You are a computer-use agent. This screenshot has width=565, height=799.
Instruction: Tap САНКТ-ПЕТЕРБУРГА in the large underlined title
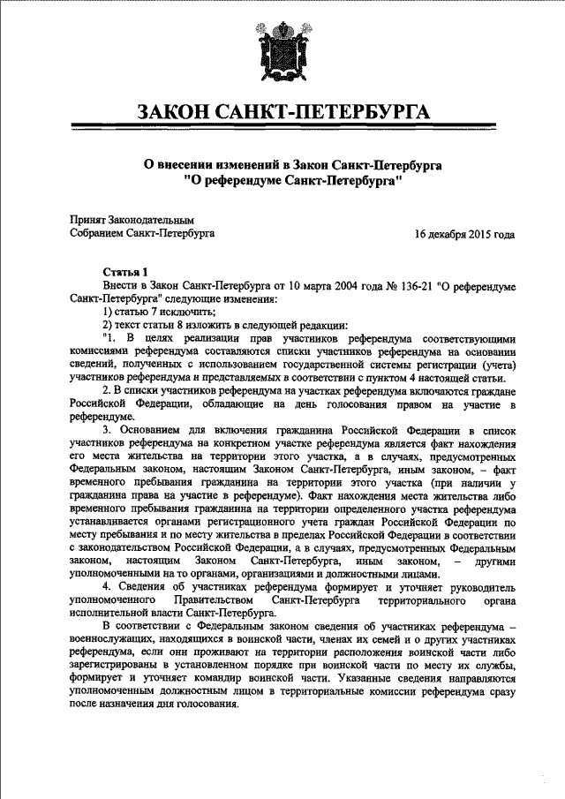pyautogui.click(x=331, y=113)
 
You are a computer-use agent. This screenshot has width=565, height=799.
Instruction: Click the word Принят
pyautogui.click(x=87, y=219)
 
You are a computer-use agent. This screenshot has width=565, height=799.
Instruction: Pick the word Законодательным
pyautogui.click(x=151, y=219)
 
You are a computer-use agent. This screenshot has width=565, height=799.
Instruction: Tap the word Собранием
pyautogui.click(x=97, y=234)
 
